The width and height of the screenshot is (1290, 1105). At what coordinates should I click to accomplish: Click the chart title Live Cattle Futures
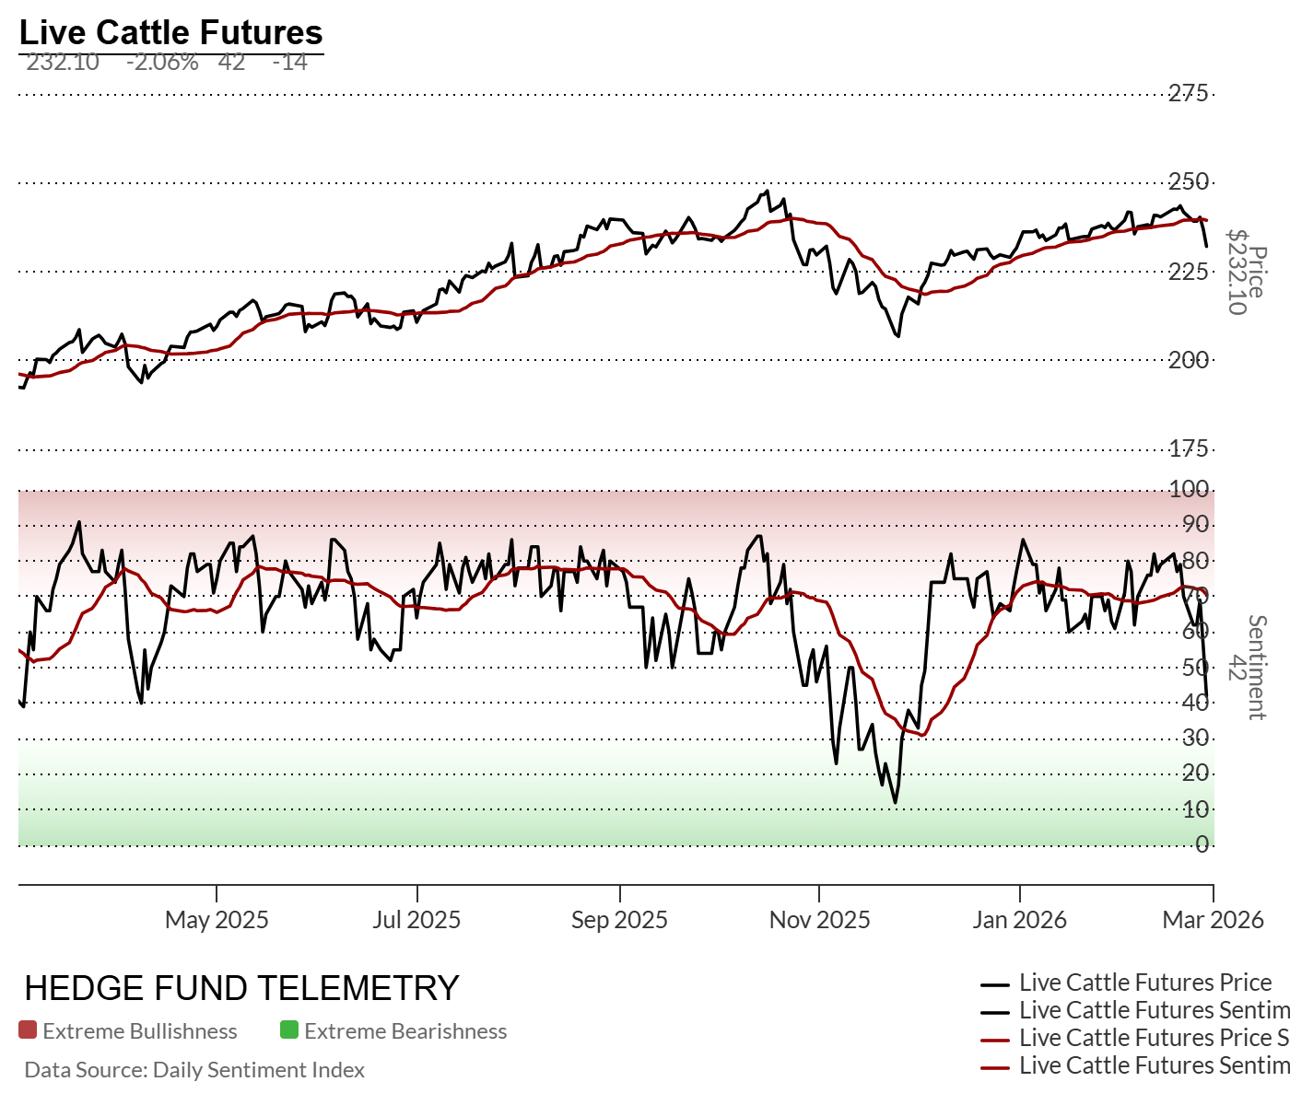170,32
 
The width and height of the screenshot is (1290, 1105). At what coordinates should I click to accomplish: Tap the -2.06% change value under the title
162,63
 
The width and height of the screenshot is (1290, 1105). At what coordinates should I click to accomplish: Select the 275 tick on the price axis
1188,93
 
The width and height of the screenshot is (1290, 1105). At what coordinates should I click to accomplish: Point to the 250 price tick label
1188,181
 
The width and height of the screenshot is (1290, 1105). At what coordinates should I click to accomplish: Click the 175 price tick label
1188,448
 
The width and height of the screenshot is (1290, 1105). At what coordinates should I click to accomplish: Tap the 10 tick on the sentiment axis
1195,809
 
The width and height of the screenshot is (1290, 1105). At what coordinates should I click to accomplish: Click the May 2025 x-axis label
217,920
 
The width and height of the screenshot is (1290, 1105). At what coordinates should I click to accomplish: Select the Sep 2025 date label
619,920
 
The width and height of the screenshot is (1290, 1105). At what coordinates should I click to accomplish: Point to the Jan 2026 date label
1019,920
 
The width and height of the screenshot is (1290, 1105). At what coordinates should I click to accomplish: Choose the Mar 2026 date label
1213,920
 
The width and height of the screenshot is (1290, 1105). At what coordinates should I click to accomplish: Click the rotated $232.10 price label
1237,273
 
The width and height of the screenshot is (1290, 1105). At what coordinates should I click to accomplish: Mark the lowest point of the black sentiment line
895,803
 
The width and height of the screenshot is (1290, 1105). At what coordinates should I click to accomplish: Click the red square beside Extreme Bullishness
28,1030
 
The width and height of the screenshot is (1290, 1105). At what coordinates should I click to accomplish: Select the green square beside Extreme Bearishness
289,1030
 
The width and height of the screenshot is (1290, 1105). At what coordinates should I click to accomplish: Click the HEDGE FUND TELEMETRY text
241,989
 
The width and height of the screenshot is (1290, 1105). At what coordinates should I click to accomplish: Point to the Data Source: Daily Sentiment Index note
194,1070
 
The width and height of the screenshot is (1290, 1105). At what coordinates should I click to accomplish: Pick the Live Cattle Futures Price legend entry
1144,983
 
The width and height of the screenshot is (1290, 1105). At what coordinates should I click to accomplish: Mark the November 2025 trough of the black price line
897,336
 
